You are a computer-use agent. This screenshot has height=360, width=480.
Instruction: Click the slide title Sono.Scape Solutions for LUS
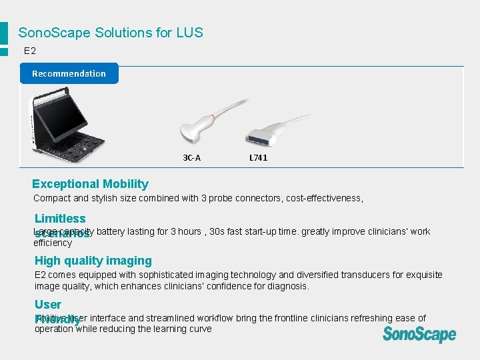pos(111,33)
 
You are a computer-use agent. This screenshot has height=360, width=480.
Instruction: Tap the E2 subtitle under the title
pos(30,51)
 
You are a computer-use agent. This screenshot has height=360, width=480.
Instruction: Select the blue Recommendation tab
pos(69,73)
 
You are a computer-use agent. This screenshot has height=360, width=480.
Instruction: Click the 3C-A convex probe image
pos(200,123)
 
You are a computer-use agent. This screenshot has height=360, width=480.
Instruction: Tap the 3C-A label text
pos(192,158)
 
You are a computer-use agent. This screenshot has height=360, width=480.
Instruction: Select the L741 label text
pos(258,158)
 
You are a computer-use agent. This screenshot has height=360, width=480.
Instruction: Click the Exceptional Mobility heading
pos(90,184)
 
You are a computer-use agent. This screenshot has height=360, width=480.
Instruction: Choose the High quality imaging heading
pos(93,261)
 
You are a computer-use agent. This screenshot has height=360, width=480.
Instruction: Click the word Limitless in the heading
pos(60,219)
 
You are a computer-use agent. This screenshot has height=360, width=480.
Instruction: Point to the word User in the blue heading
pos(48,305)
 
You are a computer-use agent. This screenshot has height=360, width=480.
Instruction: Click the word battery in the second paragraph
pos(111,231)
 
